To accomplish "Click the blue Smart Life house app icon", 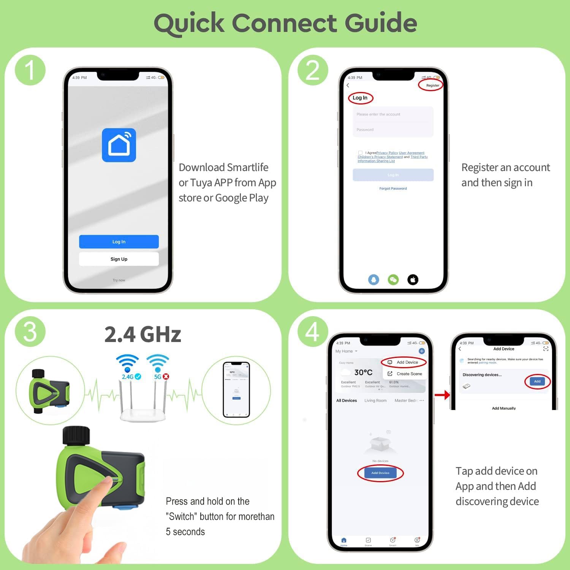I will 119,145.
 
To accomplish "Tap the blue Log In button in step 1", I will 119,242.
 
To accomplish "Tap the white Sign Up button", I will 119,259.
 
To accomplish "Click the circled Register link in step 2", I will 432,85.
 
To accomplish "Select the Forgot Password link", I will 393,188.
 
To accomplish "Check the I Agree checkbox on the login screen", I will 360,153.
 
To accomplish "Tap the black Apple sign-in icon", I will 413,280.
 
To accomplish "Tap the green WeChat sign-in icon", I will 393,280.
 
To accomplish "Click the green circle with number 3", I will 30,332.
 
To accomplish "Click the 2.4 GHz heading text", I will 143,334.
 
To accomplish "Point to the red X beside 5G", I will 166,377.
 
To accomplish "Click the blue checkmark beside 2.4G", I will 138,377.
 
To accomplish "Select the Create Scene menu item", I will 409,374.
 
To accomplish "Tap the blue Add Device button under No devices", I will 380,473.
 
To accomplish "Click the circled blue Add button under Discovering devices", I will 537,382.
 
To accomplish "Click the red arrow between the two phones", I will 442,395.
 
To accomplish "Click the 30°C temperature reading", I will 363,372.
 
